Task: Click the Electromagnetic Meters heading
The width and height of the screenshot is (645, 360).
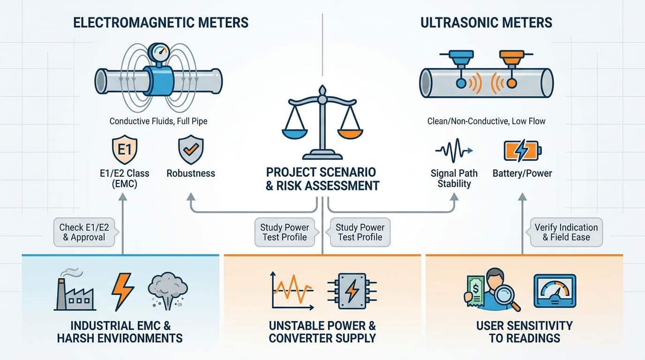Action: click(161, 22)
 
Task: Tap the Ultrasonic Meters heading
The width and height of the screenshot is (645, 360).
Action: click(486, 22)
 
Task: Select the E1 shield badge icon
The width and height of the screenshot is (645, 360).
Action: click(124, 150)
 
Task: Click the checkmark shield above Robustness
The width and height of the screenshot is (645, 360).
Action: click(190, 150)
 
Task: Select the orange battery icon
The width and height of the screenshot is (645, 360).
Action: click(522, 150)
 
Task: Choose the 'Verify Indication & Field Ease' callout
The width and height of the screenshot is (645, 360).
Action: click(566, 232)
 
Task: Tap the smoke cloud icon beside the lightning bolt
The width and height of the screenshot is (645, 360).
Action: click(167, 289)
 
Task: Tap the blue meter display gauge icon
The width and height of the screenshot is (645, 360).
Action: click(555, 291)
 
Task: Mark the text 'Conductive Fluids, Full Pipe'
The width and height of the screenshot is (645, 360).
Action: click(158, 121)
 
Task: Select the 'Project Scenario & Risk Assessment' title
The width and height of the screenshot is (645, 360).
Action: click(322, 179)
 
